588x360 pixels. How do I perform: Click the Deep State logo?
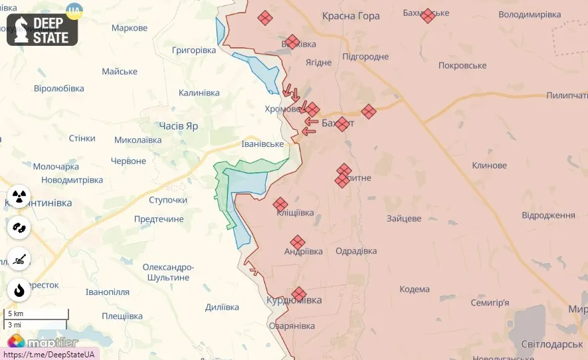43,30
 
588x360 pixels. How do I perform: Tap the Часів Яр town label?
178,125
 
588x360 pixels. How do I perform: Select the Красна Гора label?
351,16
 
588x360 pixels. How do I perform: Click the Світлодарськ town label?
547,345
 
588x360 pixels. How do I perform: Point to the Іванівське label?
262,144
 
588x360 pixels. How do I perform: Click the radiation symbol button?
19,197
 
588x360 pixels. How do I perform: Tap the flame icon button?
19,290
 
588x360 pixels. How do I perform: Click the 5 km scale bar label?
15,314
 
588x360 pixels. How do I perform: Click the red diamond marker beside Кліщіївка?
280,205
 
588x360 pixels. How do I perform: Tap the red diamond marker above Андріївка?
298,242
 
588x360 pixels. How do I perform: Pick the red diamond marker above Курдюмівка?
299,294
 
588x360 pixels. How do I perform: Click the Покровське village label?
462,65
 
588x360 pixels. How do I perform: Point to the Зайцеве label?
404,218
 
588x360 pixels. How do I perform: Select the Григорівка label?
194,50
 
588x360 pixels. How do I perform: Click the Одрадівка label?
356,251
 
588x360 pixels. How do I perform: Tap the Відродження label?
548,215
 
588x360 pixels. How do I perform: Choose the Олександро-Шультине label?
168,272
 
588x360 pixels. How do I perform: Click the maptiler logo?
44,343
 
